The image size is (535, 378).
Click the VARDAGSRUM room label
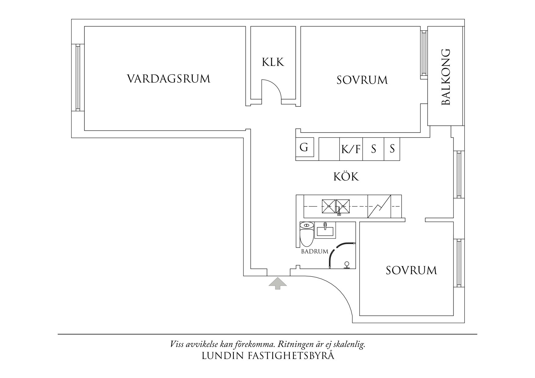click(169, 79)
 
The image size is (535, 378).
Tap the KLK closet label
click(273, 62)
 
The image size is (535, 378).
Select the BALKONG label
click(446, 77)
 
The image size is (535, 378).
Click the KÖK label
click(346, 177)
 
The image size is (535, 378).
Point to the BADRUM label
click(314, 252)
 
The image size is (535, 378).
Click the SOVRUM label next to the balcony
click(362, 80)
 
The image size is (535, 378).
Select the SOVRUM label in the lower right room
click(411, 270)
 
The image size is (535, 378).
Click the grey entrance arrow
click(278, 283)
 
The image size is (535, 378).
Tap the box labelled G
click(304, 148)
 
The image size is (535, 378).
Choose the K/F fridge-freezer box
click(351, 149)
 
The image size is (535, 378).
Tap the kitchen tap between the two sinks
click(339, 210)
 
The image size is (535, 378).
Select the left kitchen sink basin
click(329, 206)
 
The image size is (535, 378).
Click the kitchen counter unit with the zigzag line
click(379, 207)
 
